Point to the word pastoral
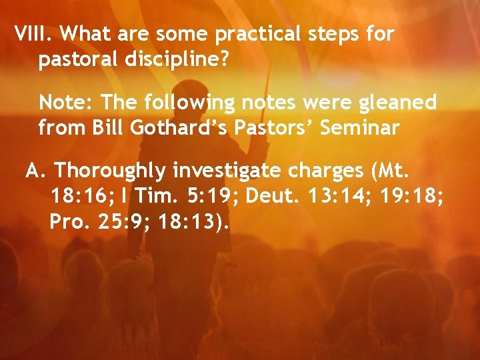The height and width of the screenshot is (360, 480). pos(77,59)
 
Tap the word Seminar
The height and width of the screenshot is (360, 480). pos(360,128)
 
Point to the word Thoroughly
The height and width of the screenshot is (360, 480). pos(111,171)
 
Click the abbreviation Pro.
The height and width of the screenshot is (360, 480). pos(67,223)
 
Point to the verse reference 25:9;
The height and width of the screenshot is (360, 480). pos(124,223)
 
